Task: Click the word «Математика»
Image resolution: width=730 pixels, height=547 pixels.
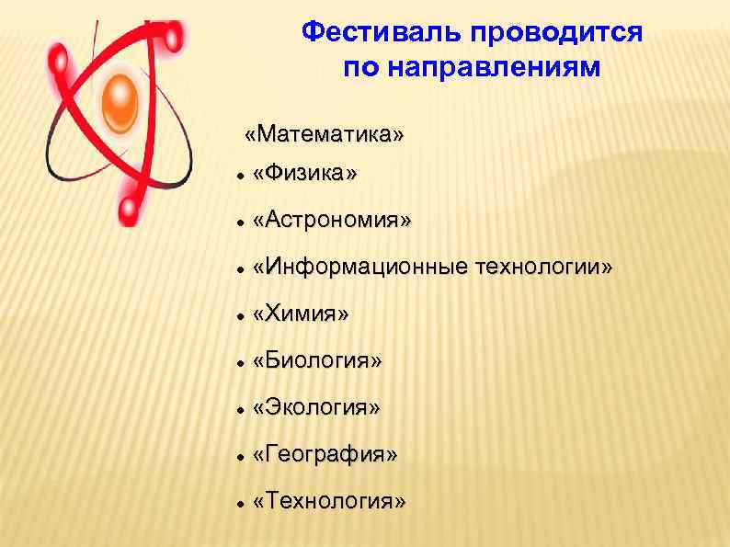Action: coord(324,135)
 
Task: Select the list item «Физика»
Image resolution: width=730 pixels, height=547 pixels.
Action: coord(306,175)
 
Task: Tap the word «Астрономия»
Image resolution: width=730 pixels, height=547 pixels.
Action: coord(333,222)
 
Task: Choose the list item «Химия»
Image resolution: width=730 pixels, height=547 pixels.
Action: coord(302,314)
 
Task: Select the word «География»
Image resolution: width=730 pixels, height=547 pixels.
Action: coord(325,455)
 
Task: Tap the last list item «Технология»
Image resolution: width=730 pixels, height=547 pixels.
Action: coord(328,502)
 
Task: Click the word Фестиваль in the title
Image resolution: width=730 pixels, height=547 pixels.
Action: coord(383,34)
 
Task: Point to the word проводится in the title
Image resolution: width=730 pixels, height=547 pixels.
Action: coord(556,34)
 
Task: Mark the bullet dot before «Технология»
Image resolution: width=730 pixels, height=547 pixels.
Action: coord(239,503)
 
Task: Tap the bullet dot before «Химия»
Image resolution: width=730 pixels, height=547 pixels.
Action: coord(239,315)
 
